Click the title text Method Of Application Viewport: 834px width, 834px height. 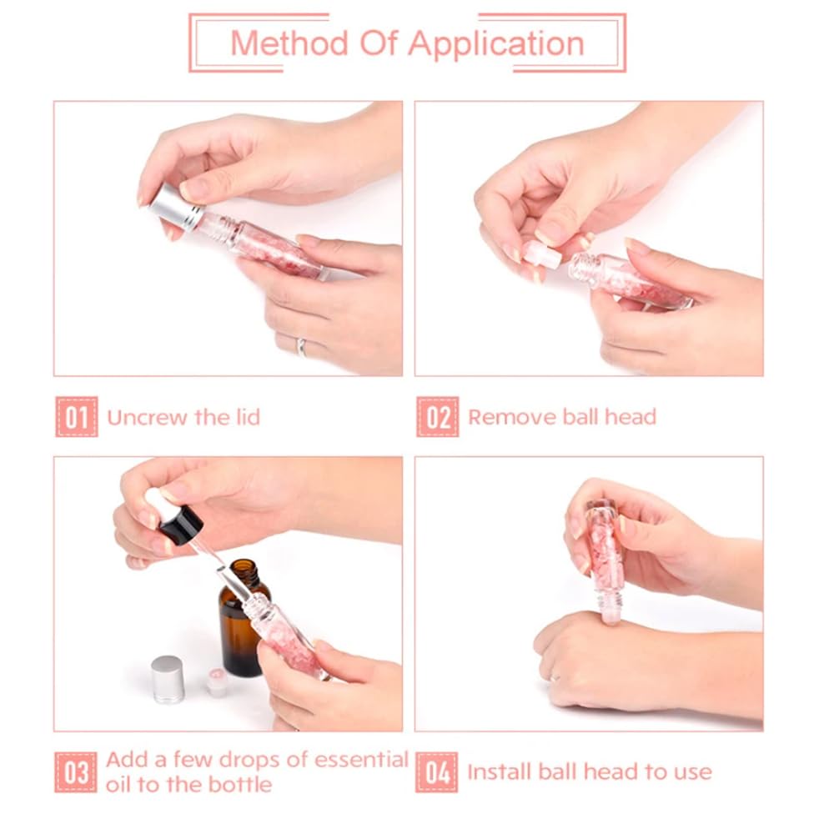[407, 43]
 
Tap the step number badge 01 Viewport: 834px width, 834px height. [77, 417]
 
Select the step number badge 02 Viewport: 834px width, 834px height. [437, 417]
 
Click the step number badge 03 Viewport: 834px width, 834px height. [77, 771]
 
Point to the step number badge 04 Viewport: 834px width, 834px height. [437, 771]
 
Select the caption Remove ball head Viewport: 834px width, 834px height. [561, 417]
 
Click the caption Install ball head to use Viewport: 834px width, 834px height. [589, 771]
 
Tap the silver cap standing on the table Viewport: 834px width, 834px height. [168, 680]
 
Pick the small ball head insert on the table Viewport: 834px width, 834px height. [217, 681]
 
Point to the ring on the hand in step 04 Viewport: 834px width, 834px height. [555, 676]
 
